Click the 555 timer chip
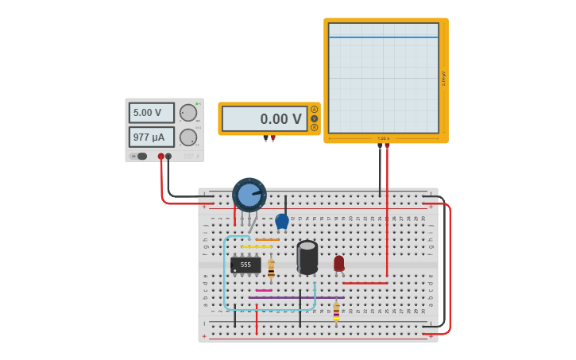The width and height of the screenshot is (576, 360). [x=245, y=265]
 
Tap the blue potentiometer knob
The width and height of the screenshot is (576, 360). [x=249, y=195]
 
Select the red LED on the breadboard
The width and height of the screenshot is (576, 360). [x=339, y=263]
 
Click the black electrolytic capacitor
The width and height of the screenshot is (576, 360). [x=307, y=257]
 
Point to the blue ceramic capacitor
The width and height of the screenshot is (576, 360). [x=282, y=221]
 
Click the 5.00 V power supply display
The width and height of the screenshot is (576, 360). [x=151, y=113]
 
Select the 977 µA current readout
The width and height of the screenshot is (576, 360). [x=151, y=137]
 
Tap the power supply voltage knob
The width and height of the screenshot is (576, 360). [x=188, y=113]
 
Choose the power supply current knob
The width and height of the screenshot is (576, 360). [x=188, y=137]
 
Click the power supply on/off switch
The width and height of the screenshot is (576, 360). [x=141, y=156]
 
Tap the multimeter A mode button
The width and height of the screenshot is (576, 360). [x=314, y=110]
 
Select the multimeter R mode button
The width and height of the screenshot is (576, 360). [x=314, y=127]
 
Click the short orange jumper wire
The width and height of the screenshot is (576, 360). [x=267, y=239]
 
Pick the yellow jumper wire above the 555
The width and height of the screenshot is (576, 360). [x=256, y=247]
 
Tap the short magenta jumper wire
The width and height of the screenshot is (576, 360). [x=264, y=291]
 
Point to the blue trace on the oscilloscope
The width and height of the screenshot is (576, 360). [x=383, y=37]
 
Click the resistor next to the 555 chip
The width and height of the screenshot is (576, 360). [x=271, y=269]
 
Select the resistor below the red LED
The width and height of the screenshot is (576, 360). [x=336, y=312]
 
